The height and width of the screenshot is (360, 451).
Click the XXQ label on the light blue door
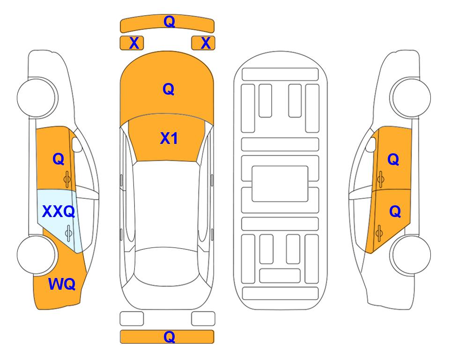(x=59, y=212)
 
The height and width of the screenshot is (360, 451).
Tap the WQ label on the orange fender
(x=62, y=284)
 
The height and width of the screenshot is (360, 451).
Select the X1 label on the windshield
(x=169, y=138)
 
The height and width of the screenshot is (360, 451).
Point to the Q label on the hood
(x=169, y=89)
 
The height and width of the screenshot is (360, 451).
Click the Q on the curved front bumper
(x=169, y=22)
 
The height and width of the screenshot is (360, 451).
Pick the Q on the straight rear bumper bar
(x=169, y=337)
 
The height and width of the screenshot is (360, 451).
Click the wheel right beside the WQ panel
(x=36, y=255)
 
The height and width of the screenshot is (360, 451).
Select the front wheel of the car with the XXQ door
(x=36, y=97)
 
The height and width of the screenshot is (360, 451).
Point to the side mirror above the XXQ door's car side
(x=76, y=144)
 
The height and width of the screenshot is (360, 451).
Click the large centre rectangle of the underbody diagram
(x=280, y=184)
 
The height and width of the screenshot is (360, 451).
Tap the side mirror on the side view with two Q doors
(x=371, y=144)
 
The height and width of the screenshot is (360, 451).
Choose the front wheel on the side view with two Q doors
(x=411, y=97)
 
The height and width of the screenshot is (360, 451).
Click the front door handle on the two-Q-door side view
(x=381, y=179)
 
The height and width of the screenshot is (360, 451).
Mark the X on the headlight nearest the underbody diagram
(x=206, y=43)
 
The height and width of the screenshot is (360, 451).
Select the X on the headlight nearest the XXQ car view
(x=134, y=43)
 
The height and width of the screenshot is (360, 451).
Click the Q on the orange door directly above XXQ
(x=59, y=159)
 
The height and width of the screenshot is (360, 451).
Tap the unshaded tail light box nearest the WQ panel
(x=132, y=319)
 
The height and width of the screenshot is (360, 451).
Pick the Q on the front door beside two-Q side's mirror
(x=393, y=159)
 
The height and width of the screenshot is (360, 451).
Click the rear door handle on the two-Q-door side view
(x=379, y=233)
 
